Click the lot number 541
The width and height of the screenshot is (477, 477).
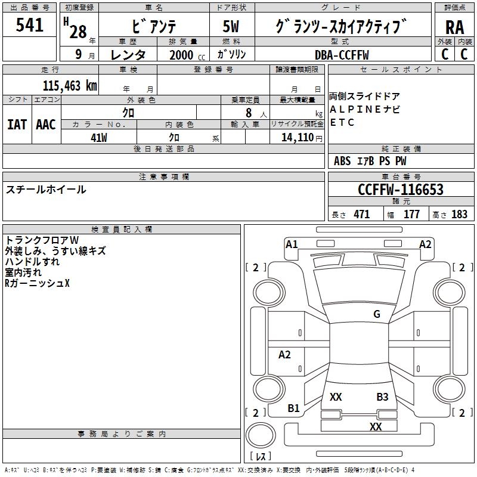pos(30,26)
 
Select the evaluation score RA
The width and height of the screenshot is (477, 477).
pos(454,27)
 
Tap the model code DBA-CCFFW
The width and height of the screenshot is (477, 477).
pos(342,55)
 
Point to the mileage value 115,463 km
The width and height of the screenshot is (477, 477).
pos(70,85)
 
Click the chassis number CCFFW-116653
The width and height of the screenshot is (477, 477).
pos(400,190)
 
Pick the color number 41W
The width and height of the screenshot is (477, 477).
pos(98,138)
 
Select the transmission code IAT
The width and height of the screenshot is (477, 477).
pos(17,124)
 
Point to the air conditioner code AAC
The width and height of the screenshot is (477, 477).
pos(46,124)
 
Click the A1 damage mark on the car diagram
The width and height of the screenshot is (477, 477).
pos(292,244)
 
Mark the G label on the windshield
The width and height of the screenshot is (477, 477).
pos(376,314)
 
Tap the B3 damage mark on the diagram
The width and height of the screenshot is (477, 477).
pos(382,397)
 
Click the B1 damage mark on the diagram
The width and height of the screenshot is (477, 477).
pos(293,408)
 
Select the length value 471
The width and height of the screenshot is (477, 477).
pos(361,215)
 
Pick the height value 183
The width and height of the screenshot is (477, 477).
pos(459,215)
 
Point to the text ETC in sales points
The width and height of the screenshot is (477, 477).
pos(342,123)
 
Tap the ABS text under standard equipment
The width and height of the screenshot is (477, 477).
pos(342,161)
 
